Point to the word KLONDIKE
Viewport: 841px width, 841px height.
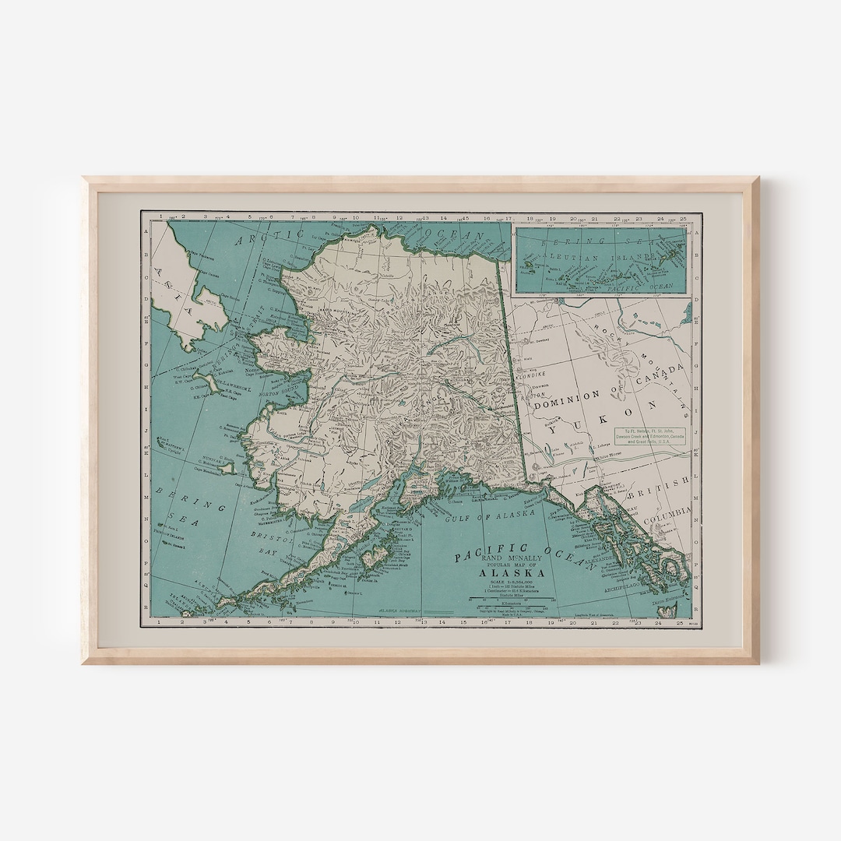click(x=531, y=374)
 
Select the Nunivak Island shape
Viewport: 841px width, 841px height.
click(x=227, y=468)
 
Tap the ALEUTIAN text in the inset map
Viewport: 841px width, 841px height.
click(x=559, y=255)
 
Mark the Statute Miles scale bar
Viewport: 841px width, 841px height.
click(x=511, y=598)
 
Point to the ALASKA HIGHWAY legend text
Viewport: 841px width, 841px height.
click(x=398, y=612)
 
